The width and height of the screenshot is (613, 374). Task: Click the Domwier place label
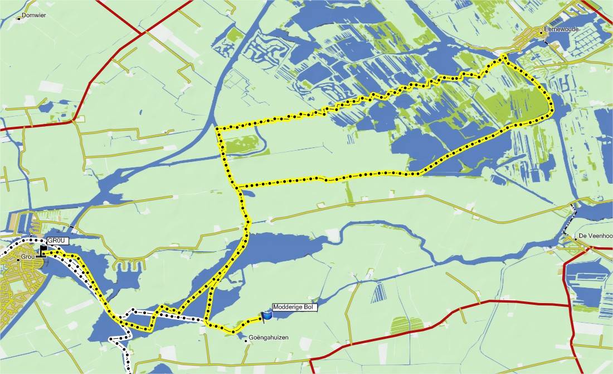pyautogui.click(x=34, y=16)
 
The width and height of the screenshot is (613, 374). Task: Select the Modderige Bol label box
pyautogui.click(x=294, y=307)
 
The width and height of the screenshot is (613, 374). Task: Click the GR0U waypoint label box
pyautogui.click(x=57, y=241)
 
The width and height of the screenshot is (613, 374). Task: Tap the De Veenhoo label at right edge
pyautogui.click(x=596, y=236)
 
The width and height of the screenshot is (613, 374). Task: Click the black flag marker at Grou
pyautogui.click(x=43, y=251)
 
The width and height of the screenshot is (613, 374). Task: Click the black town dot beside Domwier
pyautogui.click(x=18, y=16)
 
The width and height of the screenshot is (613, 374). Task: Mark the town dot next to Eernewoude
pyautogui.click(x=541, y=33)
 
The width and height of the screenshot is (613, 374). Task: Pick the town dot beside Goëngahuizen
pyautogui.click(x=246, y=341)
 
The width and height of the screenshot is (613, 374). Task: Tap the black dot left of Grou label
pyautogui.click(x=18, y=258)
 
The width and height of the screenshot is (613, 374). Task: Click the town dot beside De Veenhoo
pyautogui.click(x=576, y=239)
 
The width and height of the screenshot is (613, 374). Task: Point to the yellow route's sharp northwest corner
pyautogui.click(x=217, y=129)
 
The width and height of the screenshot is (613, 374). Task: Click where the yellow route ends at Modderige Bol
pyautogui.click(x=262, y=319)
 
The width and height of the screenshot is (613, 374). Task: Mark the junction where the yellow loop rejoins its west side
pyautogui.click(x=236, y=186)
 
